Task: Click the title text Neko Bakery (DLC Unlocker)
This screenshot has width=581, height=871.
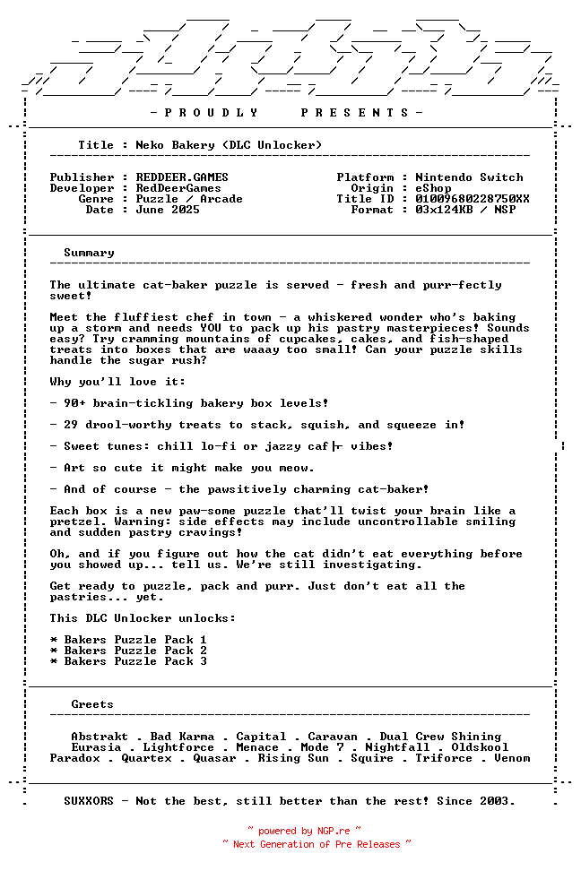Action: pos(229,145)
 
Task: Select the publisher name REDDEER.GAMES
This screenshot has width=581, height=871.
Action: pos(182,177)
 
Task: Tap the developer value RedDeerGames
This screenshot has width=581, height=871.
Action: pos(178,188)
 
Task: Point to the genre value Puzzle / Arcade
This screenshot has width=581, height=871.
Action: pos(189,199)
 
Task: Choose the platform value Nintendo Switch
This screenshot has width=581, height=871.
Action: pos(469,177)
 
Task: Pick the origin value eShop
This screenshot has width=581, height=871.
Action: pos(433,188)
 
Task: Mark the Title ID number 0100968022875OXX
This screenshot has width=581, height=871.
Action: pos(473,199)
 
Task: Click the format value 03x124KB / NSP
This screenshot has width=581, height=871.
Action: pos(465,210)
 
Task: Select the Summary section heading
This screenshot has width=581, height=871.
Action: pos(89,253)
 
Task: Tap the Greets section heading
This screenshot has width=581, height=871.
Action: pos(92,704)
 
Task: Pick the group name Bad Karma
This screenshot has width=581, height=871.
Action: pos(182,737)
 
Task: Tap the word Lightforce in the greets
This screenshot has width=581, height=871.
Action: pos(178,747)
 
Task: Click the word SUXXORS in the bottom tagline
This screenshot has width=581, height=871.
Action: pos(89,801)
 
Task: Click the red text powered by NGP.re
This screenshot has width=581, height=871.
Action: pos(304,832)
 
